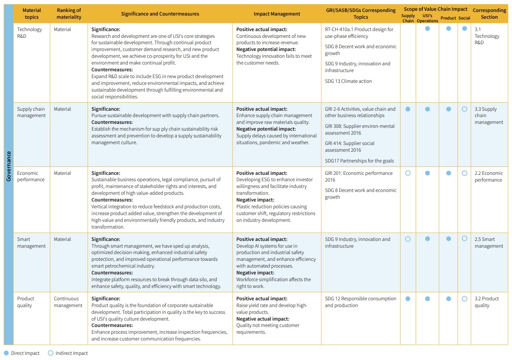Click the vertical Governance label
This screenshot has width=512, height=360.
click(9, 166)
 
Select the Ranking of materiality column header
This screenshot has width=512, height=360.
click(69, 14)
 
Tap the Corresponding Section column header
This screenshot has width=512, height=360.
click(489, 14)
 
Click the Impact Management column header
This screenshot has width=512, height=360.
click(277, 14)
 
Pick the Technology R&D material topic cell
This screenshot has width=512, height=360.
click(29, 33)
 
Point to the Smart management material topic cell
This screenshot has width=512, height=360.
click(31, 243)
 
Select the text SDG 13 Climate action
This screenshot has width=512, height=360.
click(348, 81)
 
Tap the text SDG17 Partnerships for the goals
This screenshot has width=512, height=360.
click(359, 161)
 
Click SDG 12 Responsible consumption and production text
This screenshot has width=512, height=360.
click(360, 302)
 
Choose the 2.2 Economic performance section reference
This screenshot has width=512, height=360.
click(489, 176)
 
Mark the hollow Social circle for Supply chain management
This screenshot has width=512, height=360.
click(464, 109)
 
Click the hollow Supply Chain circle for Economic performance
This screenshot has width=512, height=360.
click(408, 173)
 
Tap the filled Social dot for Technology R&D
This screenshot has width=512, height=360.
click(464, 29)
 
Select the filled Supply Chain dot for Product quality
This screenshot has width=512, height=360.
click(408, 299)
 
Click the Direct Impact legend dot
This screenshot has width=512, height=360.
click(6, 353)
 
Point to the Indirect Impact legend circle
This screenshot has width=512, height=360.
click(51, 353)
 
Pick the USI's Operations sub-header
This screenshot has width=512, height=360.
click(427, 18)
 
